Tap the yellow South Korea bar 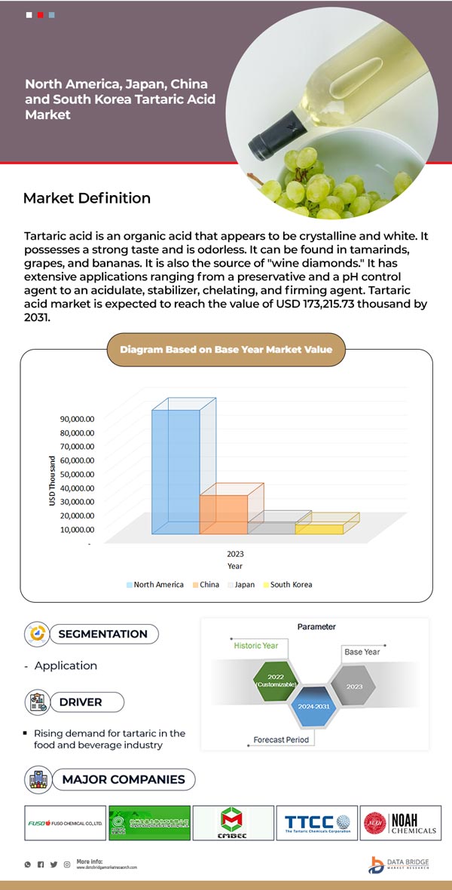click(x=319, y=529)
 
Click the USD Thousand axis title click(x=52, y=481)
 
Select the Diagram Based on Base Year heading click(x=226, y=349)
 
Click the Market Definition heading click(x=87, y=198)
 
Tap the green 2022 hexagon click(x=270, y=680)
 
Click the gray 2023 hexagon click(x=355, y=687)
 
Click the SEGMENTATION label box click(x=102, y=634)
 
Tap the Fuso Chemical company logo click(x=65, y=824)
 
